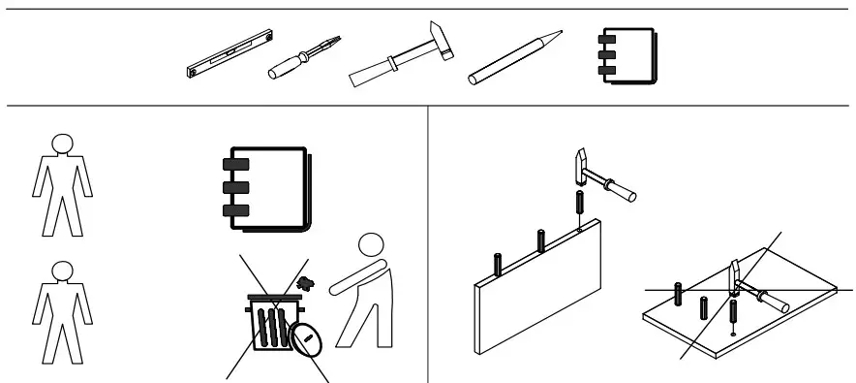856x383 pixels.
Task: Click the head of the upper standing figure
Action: (60, 144)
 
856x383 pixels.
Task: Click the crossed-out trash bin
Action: (270, 326)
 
